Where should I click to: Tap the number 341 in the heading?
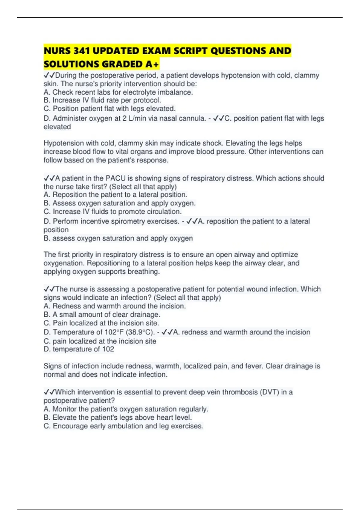[81, 51]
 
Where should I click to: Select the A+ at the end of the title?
[152, 64]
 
